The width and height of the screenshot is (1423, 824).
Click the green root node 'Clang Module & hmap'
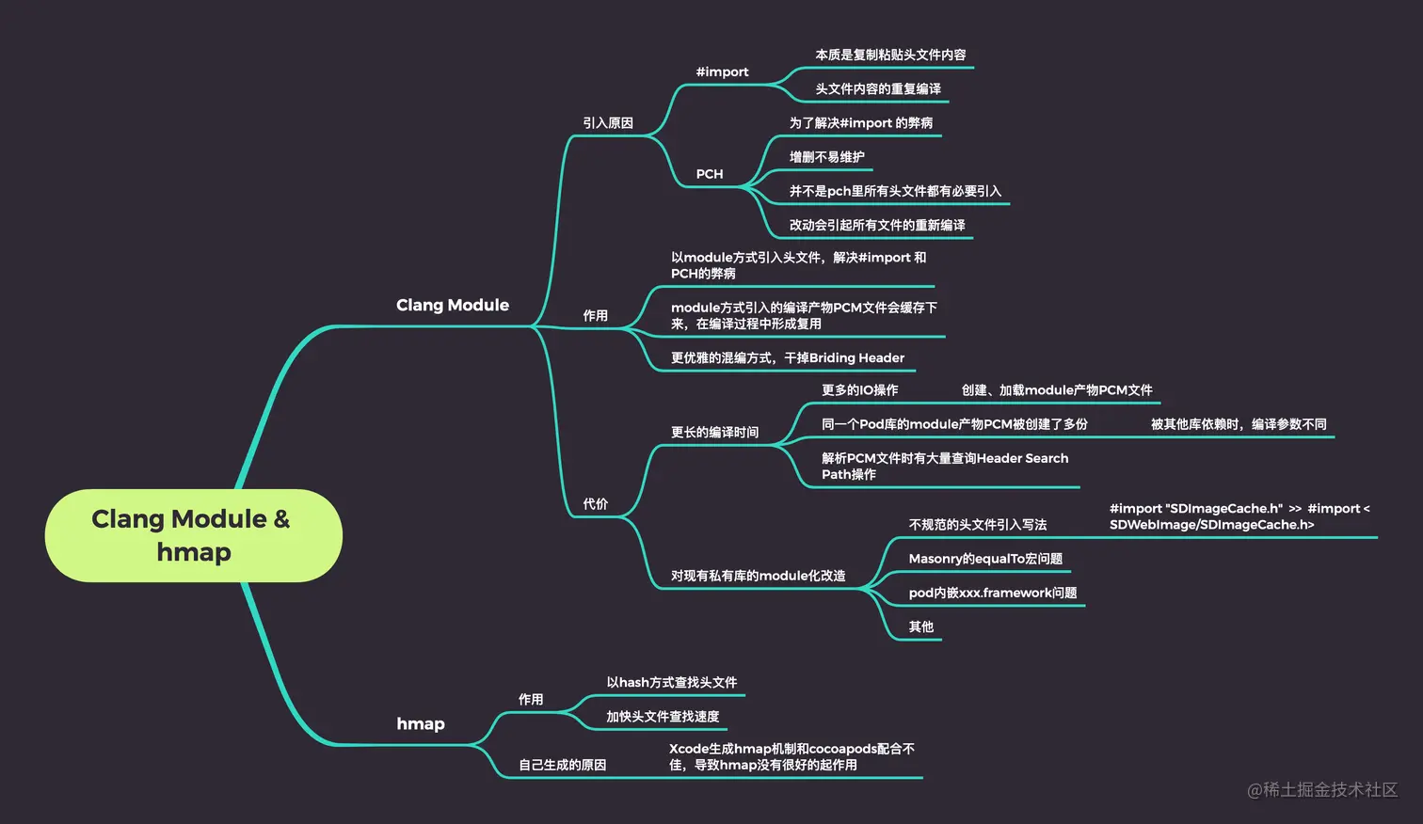coord(193,534)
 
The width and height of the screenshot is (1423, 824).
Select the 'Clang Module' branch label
coord(452,305)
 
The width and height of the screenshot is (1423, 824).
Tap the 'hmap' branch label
coord(420,723)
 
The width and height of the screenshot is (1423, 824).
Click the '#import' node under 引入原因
coord(722,71)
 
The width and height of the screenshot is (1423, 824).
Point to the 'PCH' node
coord(710,174)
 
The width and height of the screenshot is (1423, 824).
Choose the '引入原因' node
coord(607,123)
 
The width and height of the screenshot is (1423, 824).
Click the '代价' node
coord(595,504)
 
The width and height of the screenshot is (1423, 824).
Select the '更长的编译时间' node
coord(714,433)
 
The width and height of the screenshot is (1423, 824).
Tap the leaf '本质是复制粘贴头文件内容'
coord(890,55)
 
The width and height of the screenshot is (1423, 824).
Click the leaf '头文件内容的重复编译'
coord(877,89)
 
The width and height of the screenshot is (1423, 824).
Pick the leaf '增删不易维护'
coord(826,157)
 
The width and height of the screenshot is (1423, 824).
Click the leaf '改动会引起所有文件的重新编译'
coord(877,226)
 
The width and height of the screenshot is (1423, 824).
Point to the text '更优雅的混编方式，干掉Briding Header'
coord(787,357)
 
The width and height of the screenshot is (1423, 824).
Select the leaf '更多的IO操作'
coord(859,390)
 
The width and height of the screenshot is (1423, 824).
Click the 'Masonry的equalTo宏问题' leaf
coord(985,559)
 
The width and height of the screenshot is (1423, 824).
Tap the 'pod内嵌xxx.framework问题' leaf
coord(992,593)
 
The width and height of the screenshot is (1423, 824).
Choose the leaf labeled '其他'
coord(920,627)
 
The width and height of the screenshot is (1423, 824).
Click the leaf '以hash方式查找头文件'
coord(671,683)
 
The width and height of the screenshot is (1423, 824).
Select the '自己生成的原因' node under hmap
coord(562,766)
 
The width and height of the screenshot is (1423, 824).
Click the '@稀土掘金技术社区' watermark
coord(1321,790)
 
